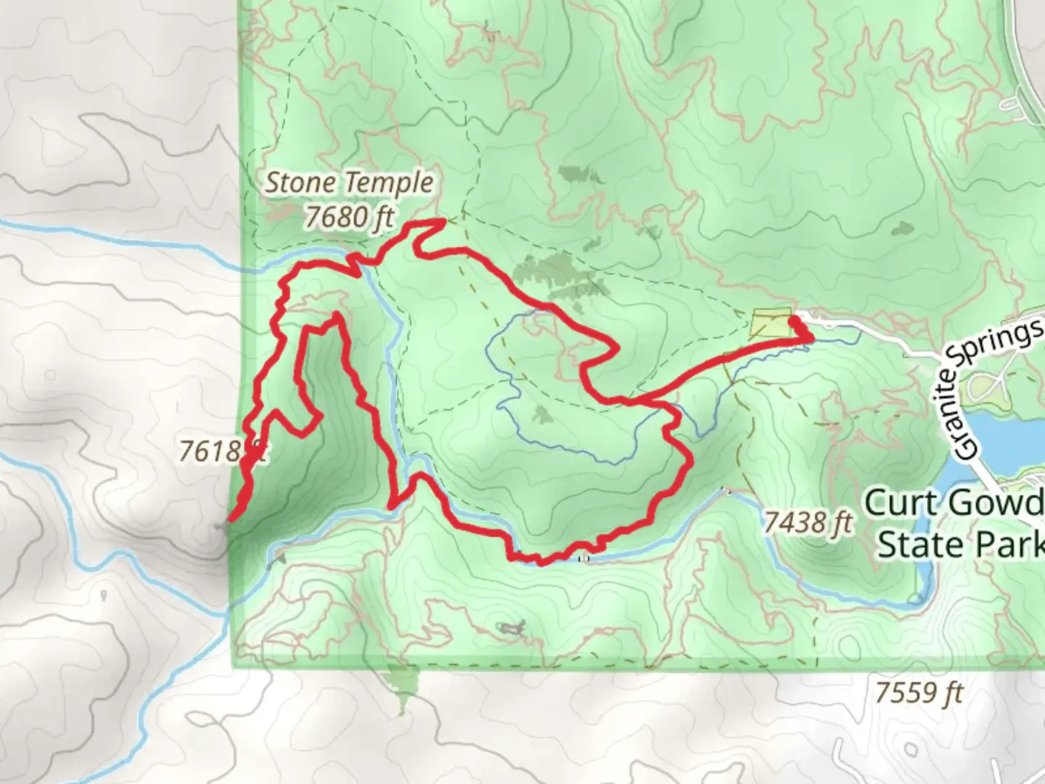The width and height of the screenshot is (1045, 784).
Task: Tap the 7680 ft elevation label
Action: click(x=349, y=216)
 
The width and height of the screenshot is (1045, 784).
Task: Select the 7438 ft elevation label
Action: click(x=807, y=521)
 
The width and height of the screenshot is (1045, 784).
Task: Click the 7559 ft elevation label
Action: click(x=919, y=693)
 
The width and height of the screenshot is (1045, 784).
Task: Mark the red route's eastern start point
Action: click(x=792, y=319)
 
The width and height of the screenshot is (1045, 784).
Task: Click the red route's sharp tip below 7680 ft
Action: click(x=441, y=221)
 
